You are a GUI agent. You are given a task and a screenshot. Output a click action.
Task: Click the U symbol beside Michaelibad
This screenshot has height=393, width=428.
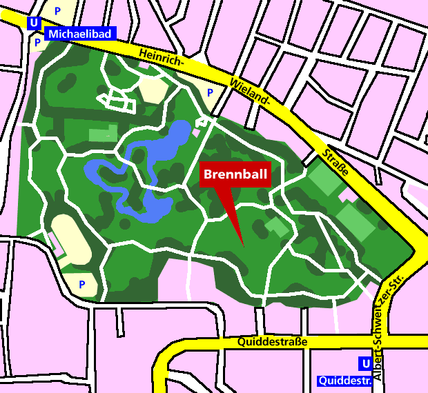pos(32,23)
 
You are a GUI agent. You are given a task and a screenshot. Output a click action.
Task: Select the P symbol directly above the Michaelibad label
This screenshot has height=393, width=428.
pos(57,11)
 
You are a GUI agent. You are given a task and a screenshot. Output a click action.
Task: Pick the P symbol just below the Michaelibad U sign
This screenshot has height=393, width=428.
pos(37,42)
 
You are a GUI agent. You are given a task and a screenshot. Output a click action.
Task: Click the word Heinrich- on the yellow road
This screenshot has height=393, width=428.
pos(160,59)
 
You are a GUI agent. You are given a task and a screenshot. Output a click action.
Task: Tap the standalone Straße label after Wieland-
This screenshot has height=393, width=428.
pos(335,161)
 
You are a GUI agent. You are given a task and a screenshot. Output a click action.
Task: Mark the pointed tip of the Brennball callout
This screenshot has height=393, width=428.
pos(244,245)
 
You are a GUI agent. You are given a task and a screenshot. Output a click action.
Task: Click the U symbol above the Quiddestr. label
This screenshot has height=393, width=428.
pos(364,363)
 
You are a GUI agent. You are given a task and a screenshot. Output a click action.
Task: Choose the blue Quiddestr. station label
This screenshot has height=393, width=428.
pos(344,380)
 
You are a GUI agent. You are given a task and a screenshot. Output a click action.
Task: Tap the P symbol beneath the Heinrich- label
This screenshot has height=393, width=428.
pos(210,92)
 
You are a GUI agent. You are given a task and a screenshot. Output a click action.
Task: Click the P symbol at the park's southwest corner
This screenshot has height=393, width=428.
pos(81,283)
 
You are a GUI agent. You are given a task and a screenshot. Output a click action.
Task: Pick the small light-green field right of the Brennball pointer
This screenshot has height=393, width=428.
pos(278,226)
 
